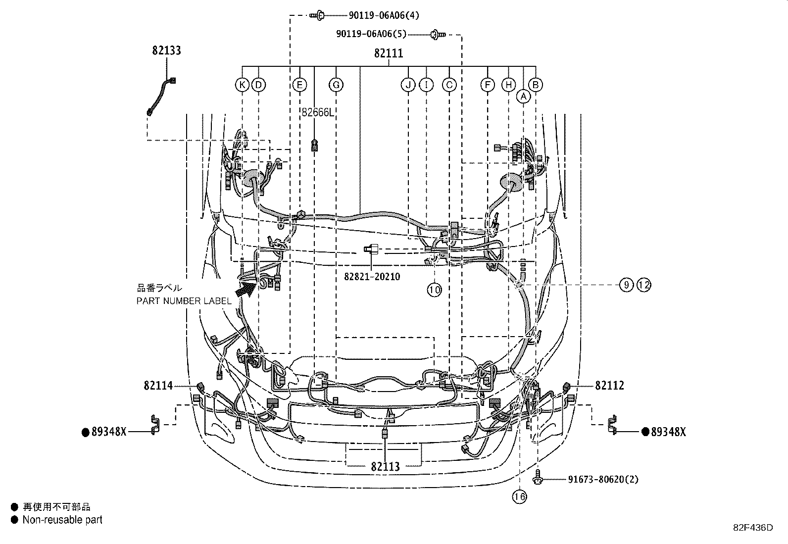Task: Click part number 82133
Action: pyautogui.click(x=166, y=50)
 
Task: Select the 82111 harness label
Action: pyautogui.click(x=389, y=53)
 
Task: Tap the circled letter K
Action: pyautogui.click(x=242, y=85)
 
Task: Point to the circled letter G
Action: pyautogui.click(x=336, y=85)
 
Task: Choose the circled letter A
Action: pyautogui.click(x=524, y=97)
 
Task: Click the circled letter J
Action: pyautogui.click(x=408, y=85)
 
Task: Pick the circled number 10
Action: pyautogui.click(x=434, y=290)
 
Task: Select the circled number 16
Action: pyautogui.click(x=520, y=497)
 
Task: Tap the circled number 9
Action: pyautogui.click(x=626, y=285)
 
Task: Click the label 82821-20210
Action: pyautogui.click(x=372, y=277)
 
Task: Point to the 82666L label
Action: pyautogui.click(x=317, y=112)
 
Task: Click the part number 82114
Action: pyautogui.click(x=158, y=386)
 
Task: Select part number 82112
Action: pyautogui.click(x=610, y=386)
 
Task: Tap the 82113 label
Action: pyautogui.click(x=386, y=467)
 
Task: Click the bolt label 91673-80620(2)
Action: pyautogui.click(x=603, y=479)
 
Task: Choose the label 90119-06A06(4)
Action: pyautogui.click(x=384, y=15)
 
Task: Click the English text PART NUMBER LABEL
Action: pyautogui.click(x=184, y=301)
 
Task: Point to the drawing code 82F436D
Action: pyautogui.click(x=753, y=528)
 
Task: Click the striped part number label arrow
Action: pyautogui.click(x=246, y=290)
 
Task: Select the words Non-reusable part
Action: pyautogui.click(x=62, y=520)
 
